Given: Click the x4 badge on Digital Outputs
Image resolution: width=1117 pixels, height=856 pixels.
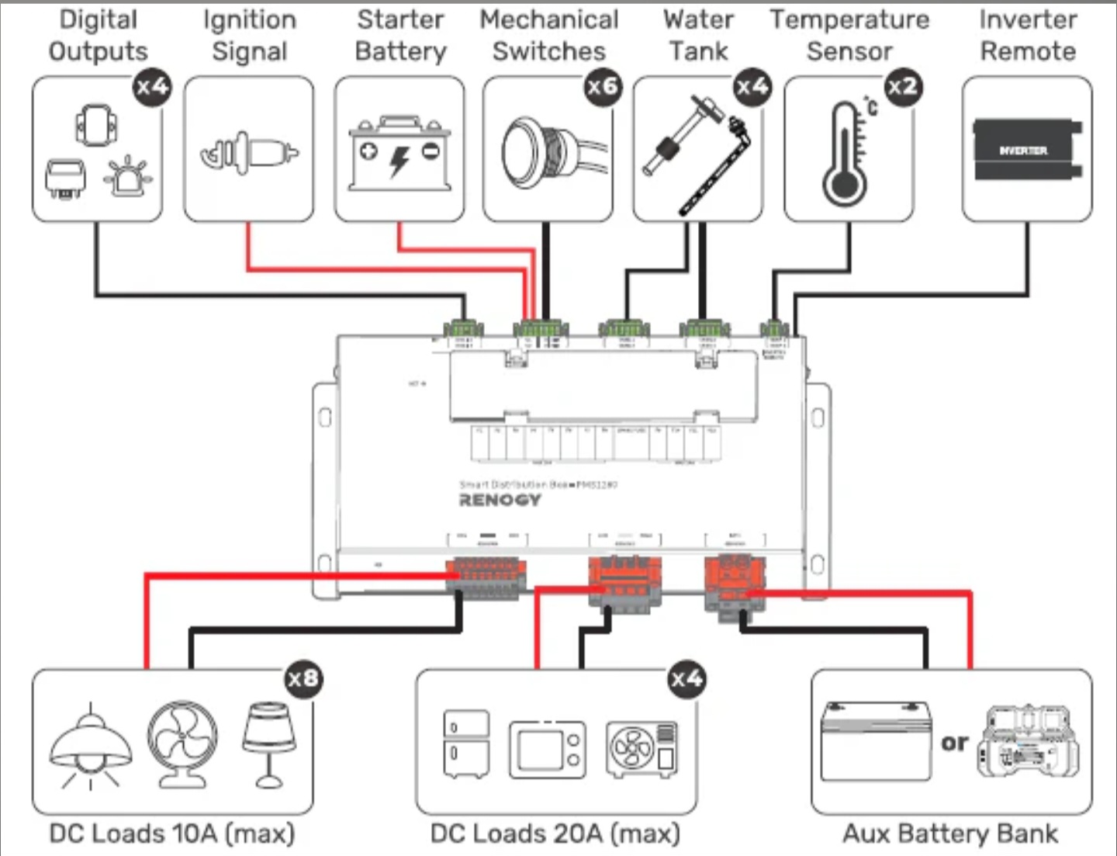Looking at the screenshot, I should pos(151,86).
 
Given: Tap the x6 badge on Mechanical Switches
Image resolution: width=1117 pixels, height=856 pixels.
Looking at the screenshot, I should pos(602,86).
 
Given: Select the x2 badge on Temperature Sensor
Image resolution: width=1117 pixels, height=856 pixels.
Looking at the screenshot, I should pos(902,86).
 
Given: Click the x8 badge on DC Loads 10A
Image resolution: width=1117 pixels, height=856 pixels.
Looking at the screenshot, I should pos(303,679).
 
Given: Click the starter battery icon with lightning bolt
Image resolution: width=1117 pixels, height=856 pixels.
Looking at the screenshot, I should pos(399,154).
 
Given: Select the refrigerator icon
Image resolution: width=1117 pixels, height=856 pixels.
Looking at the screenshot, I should pos(465,743).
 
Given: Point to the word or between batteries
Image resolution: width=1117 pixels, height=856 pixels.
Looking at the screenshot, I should pos(955,743).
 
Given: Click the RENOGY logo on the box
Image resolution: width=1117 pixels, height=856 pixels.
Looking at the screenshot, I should pos(500,500).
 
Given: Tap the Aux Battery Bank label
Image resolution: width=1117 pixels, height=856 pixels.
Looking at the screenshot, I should pos(949,833).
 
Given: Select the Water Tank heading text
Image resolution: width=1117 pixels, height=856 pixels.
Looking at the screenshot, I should pos(698,36).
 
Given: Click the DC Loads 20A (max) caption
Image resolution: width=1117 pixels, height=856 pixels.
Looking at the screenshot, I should pos(555,833).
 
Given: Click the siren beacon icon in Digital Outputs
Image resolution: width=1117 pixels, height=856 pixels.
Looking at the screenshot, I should pos(127,177).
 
